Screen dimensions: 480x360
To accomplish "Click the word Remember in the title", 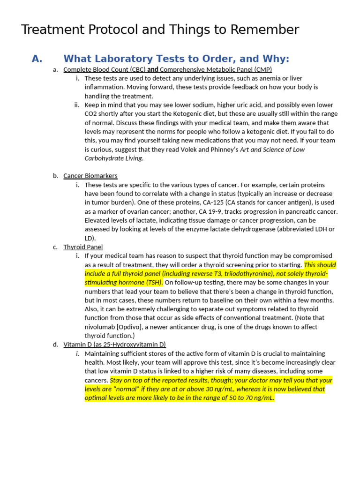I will pyautogui.click(x=267, y=30).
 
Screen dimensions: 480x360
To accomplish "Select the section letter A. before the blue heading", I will pyautogui.click(x=37, y=59).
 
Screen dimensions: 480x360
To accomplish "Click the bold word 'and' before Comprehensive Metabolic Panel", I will pyautogui.click(x=153, y=69).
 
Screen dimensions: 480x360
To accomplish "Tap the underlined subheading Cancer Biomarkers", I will pyautogui.click(x=90, y=176).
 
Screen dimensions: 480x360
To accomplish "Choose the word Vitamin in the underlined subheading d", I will pyautogui.click(x=75, y=345).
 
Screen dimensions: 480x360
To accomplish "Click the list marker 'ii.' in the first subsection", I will pyautogui.click(x=77, y=105).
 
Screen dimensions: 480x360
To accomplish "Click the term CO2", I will pyautogui.click(x=92, y=114).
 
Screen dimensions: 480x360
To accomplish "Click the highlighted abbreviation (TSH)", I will pyautogui.click(x=153, y=283).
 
